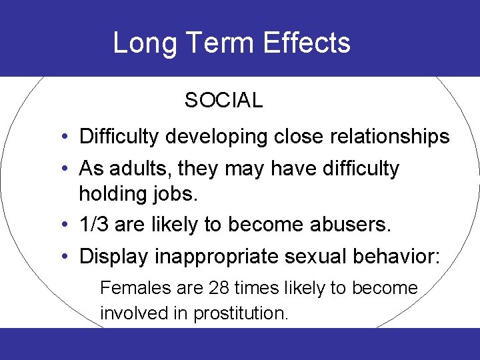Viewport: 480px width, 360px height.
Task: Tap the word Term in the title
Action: click(x=218, y=43)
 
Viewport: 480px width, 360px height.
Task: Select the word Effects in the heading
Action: click(x=307, y=43)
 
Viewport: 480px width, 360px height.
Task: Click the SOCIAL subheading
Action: click(x=223, y=101)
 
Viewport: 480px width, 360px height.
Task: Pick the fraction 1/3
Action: click(x=95, y=225)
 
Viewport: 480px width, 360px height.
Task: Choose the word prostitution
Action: click(x=241, y=313)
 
